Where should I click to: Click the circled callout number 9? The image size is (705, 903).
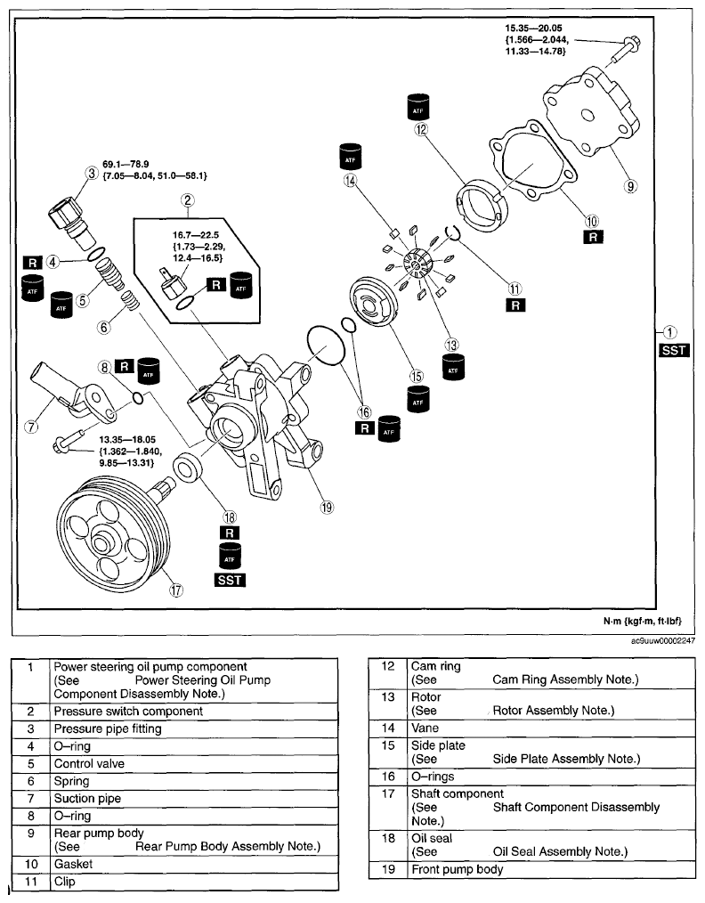631,185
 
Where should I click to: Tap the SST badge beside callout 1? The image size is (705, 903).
674,350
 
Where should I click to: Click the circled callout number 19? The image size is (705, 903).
327,508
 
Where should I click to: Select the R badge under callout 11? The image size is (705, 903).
515,305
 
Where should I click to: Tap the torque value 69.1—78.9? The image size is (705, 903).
126,164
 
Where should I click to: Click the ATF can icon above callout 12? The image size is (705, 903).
417,107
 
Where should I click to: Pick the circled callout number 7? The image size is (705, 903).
32,427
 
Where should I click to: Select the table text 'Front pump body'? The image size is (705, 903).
457,869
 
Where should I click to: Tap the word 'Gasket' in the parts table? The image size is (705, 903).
73,864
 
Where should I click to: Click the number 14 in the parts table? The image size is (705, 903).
388,728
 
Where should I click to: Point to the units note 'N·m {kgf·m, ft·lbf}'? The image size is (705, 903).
643,621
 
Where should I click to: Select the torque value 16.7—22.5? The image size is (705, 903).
196,235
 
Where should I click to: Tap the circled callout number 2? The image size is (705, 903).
187,200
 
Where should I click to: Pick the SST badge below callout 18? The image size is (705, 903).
230,580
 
